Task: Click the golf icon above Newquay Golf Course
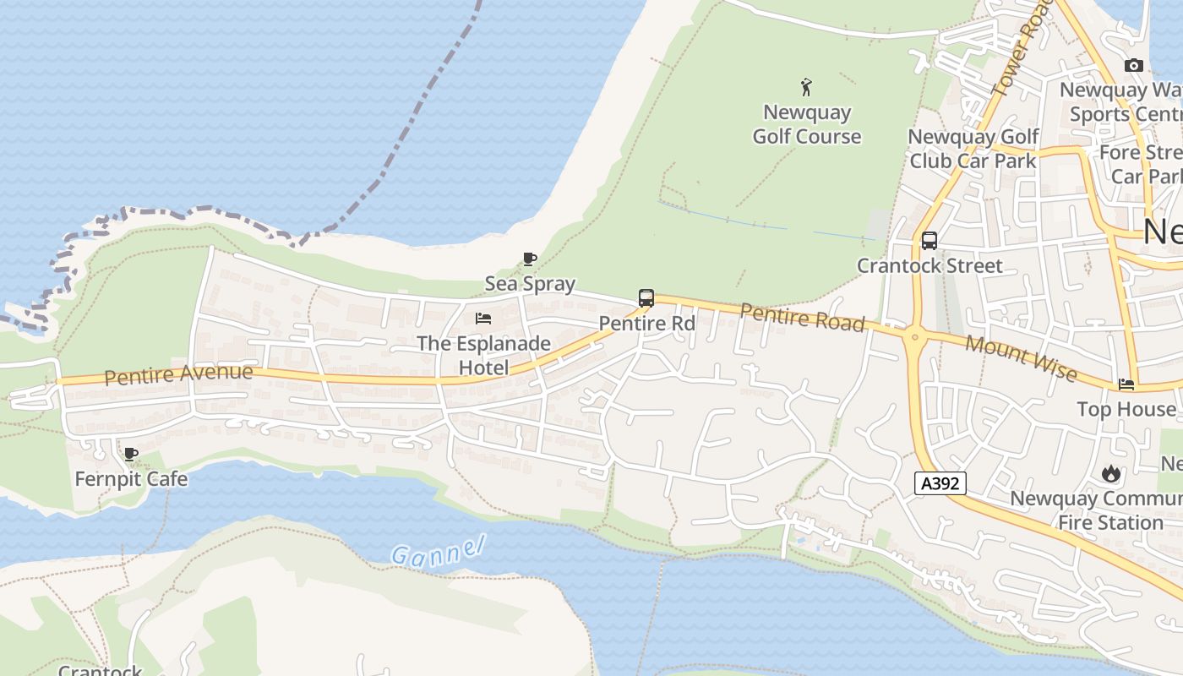point(806,86)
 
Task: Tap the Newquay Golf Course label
point(806,124)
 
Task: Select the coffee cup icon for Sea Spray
point(530,259)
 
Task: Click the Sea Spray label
point(530,283)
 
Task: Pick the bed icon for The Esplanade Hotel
point(483,319)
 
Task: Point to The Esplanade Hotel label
point(484,355)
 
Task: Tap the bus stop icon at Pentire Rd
point(646,298)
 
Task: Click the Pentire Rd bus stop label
point(646,323)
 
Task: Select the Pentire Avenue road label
point(178,374)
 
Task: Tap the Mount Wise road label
point(1021,358)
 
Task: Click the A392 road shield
point(940,483)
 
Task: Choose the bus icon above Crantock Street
point(929,241)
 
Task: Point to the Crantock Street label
point(929,265)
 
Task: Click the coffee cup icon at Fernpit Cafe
point(131,455)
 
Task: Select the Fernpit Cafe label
point(131,479)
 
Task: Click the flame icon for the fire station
point(1110,474)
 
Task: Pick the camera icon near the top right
point(1134,65)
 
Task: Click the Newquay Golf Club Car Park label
point(973,148)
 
